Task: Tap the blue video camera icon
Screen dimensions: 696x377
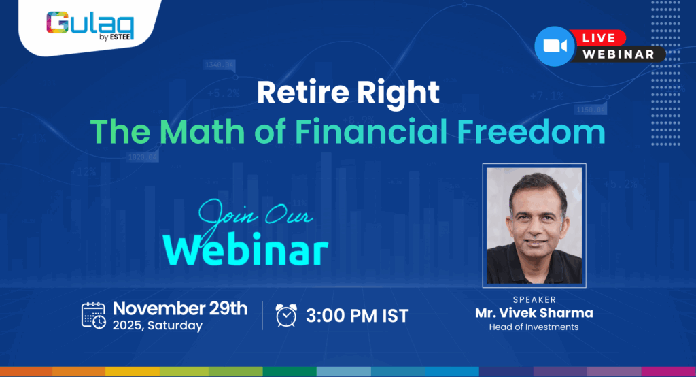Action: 555,46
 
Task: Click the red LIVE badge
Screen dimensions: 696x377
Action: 599,38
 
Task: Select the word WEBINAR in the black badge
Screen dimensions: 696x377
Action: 619,54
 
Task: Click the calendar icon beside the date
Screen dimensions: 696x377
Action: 94,315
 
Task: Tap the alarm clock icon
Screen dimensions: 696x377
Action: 286,315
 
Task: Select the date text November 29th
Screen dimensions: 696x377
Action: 179,308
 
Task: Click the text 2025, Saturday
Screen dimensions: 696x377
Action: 158,325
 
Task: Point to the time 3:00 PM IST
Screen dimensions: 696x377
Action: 357,316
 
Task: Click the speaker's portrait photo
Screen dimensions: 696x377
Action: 534,225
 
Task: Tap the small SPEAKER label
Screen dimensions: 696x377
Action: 534,299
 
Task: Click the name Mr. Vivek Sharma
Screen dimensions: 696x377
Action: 534,313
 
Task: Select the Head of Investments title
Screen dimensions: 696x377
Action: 534,327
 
